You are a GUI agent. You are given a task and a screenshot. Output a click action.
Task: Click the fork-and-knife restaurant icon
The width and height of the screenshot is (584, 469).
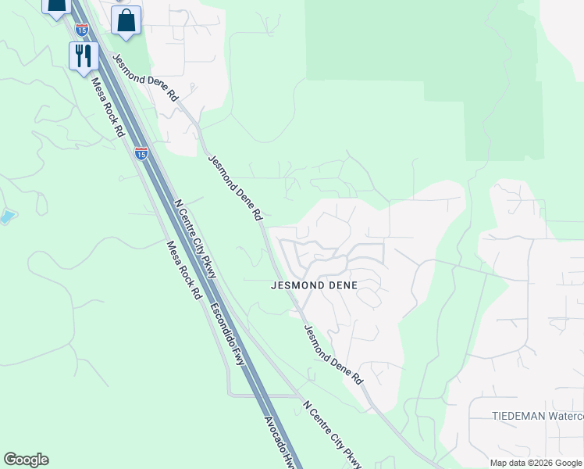(82, 56)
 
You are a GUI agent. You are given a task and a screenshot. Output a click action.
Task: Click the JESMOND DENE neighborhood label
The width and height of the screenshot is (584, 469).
(314, 285)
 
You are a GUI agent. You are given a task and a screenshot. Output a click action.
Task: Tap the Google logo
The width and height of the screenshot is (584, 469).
(26, 460)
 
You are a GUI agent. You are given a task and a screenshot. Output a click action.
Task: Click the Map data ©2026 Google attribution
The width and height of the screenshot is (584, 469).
(536, 463)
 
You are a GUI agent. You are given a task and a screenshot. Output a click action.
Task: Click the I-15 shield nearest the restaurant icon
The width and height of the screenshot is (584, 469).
(82, 30)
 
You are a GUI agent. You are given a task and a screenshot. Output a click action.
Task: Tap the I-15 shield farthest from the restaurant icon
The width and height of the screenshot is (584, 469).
(141, 153)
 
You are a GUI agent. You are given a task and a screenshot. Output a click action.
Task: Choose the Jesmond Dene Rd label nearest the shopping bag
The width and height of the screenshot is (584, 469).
(146, 77)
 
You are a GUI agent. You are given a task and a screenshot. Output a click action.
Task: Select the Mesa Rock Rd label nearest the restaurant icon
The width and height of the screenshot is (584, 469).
(109, 108)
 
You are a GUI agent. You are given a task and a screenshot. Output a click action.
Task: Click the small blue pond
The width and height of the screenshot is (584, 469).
(6, 217)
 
